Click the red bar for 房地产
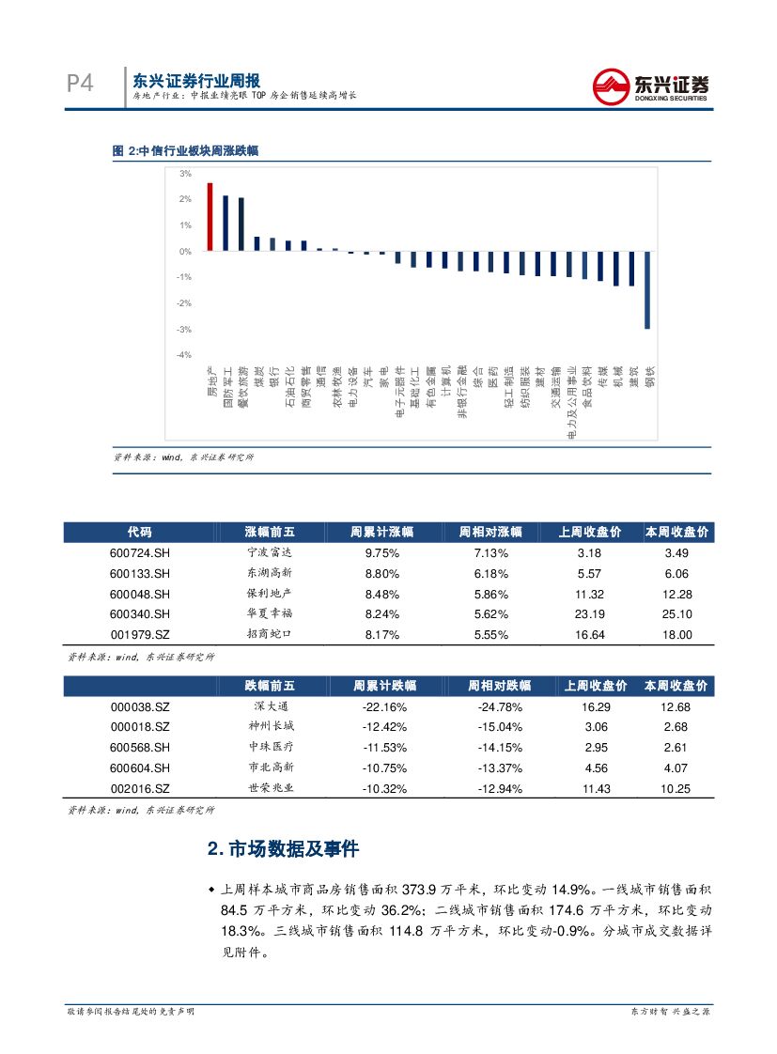point(210,217)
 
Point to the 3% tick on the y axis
point(185,174)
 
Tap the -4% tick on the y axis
point(184,355)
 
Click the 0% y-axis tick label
point(185,252)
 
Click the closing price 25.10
point(676,614)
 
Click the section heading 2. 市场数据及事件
point(283,849)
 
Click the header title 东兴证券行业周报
point(195,81)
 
